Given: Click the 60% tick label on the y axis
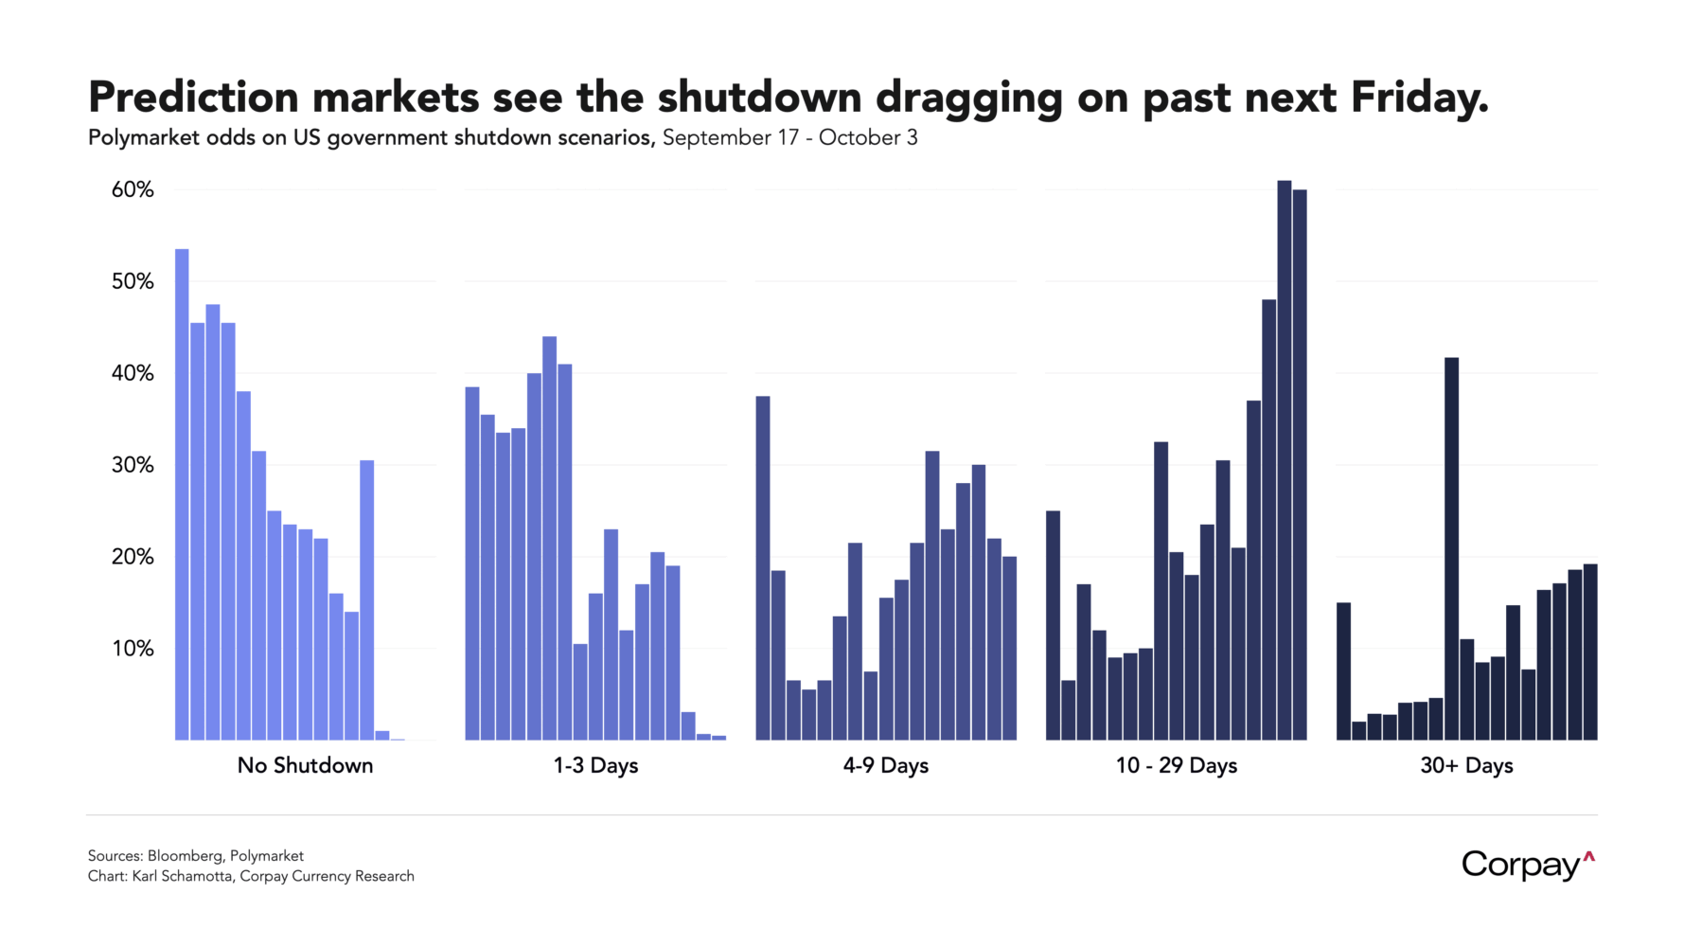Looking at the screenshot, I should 133,190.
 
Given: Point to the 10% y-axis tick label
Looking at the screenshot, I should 133,649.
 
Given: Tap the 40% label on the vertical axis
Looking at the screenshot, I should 133,373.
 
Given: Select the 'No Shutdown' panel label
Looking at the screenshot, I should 305,765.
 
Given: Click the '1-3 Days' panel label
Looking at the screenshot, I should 595,765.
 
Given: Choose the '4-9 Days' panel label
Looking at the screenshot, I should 886,765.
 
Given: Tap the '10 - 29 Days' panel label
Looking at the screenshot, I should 1176,765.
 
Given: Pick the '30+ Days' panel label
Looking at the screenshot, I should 1466,765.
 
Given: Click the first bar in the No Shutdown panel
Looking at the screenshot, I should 182,492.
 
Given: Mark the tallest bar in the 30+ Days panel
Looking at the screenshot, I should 1451,549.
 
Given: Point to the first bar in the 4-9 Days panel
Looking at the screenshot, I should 763,568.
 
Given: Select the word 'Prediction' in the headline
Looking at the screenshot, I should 192,98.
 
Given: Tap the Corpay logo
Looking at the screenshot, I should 1527,865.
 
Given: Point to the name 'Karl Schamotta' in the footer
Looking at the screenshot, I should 182,876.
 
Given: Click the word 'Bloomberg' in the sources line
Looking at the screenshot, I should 184,856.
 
